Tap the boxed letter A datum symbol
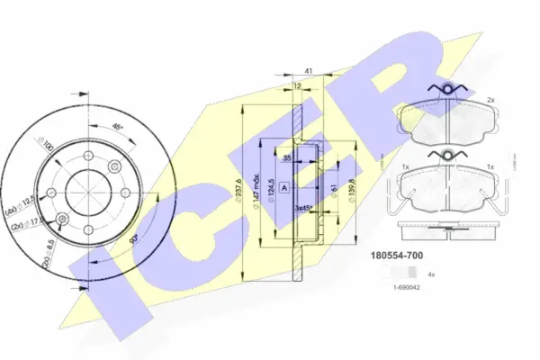pos(284,187)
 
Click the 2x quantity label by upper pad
pos(491,99)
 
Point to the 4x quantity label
pos(432,274)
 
